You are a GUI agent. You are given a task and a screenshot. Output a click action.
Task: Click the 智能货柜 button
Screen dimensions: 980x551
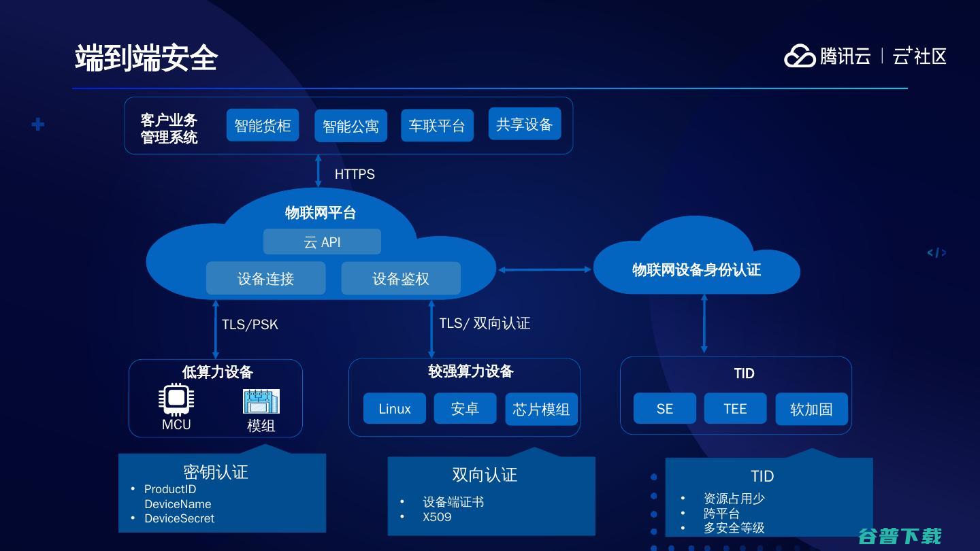tap(263, 125)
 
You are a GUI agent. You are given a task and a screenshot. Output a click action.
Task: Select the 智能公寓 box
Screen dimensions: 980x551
tap(350, 126)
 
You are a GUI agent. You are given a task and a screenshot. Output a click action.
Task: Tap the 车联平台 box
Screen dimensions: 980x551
tap(437, 125)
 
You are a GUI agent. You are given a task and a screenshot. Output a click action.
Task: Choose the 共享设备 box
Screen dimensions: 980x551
tap(525, 124)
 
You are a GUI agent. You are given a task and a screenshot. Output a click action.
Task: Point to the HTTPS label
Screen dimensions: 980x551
tap(355, 174)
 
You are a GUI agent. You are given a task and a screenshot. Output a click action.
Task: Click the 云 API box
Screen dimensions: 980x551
tap(322, 241)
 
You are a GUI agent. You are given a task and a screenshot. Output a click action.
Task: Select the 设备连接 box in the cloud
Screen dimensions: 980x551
tap(265, 278)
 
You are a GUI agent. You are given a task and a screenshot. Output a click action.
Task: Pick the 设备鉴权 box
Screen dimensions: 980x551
tap(401, 278)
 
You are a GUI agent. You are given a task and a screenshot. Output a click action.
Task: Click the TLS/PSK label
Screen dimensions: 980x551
tap(250, 324)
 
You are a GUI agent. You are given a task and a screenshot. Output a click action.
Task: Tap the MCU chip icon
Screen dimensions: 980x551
tap(176, 399)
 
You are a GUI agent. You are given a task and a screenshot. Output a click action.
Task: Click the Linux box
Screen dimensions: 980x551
tap(395, 408)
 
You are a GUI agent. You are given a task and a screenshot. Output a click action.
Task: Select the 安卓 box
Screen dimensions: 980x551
tap(465, 408)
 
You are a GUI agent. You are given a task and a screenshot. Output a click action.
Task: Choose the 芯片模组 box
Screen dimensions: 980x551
tap(541, 409)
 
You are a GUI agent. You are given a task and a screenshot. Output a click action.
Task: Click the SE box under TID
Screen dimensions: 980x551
tap(664, 408)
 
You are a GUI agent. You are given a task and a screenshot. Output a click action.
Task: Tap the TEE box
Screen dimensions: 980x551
tap(735, 408)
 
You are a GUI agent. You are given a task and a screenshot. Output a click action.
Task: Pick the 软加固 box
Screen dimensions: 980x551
tap(811, 409)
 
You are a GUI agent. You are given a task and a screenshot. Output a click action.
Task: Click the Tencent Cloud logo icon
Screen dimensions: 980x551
tap(800, 56)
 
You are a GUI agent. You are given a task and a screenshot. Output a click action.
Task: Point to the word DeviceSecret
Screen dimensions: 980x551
tap(180, 518)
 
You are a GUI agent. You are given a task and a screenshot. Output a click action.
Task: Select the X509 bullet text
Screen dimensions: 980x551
tap(437, 517)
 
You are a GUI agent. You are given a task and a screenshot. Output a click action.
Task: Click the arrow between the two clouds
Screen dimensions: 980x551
tap(544, 270)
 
